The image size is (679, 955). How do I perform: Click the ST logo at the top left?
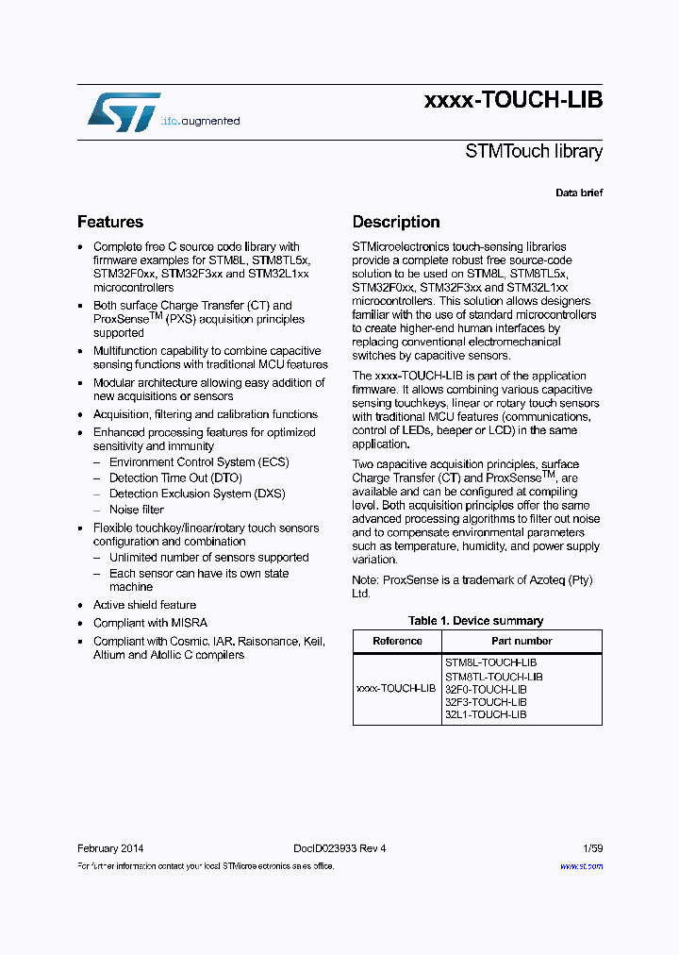point(124,111)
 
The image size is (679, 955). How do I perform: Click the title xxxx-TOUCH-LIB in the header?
point(513,100)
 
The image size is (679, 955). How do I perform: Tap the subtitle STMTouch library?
point(534,151)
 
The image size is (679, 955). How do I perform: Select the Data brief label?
point(578,193)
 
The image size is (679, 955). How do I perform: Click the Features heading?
point(110,222)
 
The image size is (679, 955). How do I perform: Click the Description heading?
point(396,222)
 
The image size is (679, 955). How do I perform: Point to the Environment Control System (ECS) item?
point(199,462)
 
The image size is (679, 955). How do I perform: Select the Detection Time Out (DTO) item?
point(175,478)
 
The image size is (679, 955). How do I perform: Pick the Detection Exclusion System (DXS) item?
point(197,494)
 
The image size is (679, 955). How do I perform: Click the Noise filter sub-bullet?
point(137,510)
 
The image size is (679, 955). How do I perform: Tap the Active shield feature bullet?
point(144,605)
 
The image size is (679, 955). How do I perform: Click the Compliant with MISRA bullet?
point(150,623)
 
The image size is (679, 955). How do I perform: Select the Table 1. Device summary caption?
point(475,621)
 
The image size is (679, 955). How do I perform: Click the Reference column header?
point(397,641)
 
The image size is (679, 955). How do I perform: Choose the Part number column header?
point(522,641)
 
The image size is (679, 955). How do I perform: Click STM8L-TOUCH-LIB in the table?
point(490,663)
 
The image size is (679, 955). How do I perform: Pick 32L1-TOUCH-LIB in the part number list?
point(486,714)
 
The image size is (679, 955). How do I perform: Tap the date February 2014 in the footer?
point(110,848)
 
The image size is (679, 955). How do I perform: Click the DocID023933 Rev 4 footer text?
point(333,848)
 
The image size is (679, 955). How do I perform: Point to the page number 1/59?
point(592,848)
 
